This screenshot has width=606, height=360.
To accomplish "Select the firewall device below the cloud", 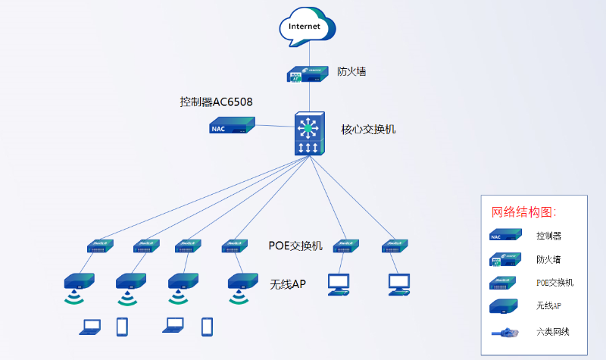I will coord(307,74).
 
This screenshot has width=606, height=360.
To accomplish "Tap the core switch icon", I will coord(308,133).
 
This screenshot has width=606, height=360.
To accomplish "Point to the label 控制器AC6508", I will coord(216,102).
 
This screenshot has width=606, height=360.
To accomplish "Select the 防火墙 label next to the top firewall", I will coord(352,72).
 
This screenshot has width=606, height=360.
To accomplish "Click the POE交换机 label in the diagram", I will coord(295,246).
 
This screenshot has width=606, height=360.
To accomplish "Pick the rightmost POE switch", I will coord(395,246).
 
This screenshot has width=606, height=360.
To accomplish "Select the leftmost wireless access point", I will coord(78,281).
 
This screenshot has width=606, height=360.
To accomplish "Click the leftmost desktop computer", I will coord(339,283).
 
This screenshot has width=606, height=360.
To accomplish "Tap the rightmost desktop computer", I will coord(399,283).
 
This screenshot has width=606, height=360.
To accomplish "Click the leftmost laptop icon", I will coord(91,327).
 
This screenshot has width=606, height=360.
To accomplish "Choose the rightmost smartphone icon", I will coord(207,326).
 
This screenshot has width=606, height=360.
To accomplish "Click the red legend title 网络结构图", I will coord(524,211).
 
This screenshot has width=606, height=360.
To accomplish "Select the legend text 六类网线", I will coord(554,331).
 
